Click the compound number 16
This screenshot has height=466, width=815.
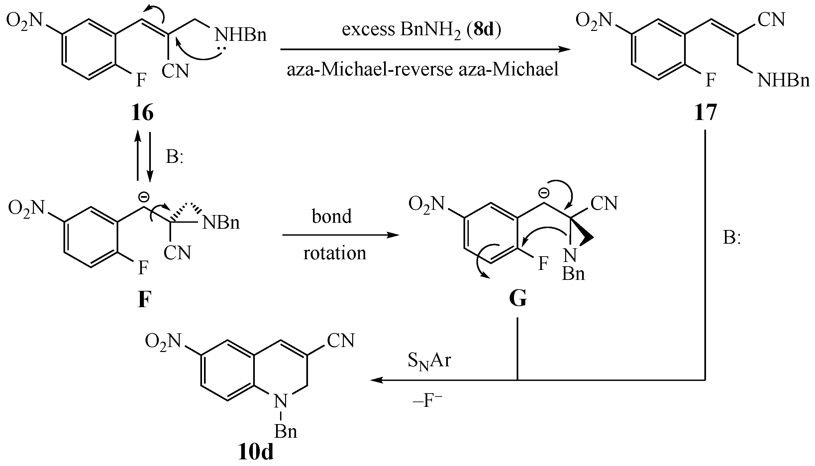143,113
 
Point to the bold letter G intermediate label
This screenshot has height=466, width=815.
518,300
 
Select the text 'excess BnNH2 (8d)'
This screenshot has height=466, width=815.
421,30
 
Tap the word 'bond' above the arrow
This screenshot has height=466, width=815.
332,216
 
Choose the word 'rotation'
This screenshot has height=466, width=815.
335,253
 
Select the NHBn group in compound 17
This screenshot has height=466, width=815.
783,80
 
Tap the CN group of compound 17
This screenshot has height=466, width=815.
771,20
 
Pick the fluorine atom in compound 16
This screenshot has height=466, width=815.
141,80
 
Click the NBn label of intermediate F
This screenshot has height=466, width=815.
221,223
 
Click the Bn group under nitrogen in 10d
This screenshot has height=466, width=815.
285,432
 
